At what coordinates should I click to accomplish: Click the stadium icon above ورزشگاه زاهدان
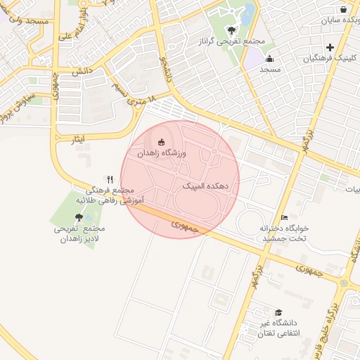[x=162, y=142]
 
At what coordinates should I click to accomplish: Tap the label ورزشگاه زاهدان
[x=162, y=153]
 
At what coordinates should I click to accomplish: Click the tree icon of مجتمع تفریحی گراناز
[x=232, y=30]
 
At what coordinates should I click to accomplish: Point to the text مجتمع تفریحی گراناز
[x=232, y=41]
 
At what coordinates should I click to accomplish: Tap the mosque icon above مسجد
[x=270, y=58]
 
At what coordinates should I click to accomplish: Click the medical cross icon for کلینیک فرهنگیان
[x=330, y=47]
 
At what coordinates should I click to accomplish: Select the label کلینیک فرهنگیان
[x=328, y=58]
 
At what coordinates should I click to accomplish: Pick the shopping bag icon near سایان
[x=343, y=10]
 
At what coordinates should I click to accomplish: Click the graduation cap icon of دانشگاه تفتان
[x=278, y=312]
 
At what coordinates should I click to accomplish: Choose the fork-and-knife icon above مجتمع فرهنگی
[x=110, y=180]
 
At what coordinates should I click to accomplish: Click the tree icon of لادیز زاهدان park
[x=78, y=218]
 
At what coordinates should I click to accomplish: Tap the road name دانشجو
[x=165, y=67]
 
